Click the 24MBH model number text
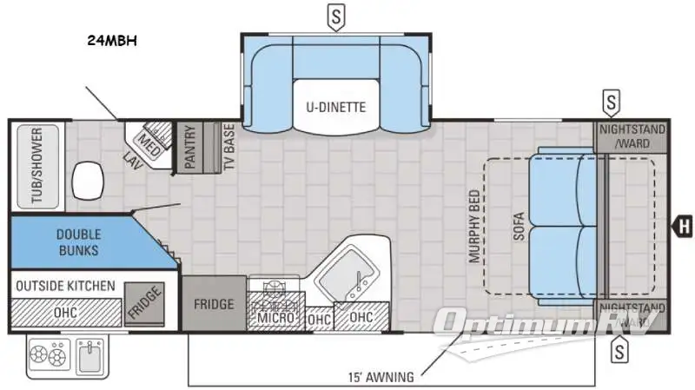(113, 40)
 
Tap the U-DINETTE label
(335, 108)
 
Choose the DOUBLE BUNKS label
(78, 242)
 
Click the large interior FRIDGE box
(214, 304)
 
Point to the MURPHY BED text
(474, 228)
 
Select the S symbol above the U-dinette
(335, 15)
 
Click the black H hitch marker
(683, 228)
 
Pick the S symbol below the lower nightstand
(619, 352)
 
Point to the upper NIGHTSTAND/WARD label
(632, 136)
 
